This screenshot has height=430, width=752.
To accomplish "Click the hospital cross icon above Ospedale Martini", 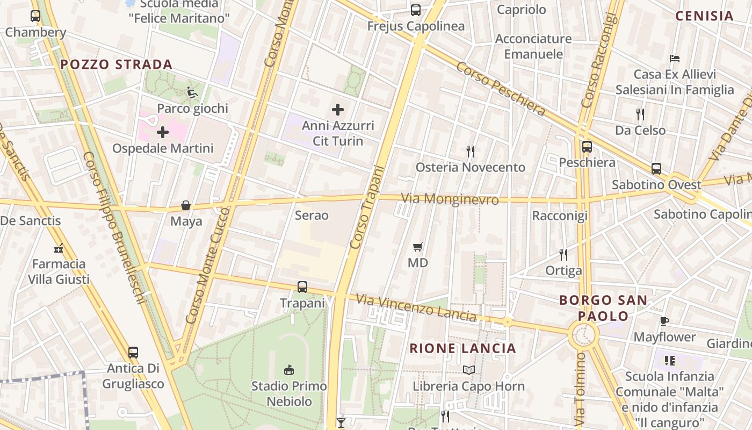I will (x=163, y=132).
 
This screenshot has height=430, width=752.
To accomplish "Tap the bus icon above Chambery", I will (x=35, y=16).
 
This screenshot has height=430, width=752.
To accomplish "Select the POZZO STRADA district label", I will (x=116, y=64).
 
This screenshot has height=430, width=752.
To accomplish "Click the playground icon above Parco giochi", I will (x=192, y=92).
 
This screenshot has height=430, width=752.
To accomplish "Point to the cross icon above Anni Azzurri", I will (x=338, y=110).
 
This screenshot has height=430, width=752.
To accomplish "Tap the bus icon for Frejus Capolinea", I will (x=415, y=10).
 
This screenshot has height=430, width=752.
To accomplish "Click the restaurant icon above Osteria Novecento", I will (x=471, y=151).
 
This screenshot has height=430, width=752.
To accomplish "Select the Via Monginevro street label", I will (x=450, y=199).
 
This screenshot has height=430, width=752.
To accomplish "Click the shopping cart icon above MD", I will (x=418, y=247).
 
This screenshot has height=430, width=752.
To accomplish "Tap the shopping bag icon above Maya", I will (x=186, y=205).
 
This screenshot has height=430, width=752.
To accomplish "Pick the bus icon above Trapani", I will (x=302, y=287).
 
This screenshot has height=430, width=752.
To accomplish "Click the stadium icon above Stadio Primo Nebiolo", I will (x=289, y=370).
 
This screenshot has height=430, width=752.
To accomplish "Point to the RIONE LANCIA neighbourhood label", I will (x=462, y=348).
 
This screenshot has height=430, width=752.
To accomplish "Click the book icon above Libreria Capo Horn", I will (x=469, y=370).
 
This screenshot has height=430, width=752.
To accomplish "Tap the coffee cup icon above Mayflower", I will (x=664, y=321).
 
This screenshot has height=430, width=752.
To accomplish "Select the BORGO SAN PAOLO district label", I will (x=603, y=307).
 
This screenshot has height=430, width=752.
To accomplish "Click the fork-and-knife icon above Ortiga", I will (x=563, y=254).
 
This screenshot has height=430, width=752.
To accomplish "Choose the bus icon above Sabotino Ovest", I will (x=656, y=169).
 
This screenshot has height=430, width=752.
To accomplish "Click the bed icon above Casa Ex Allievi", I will (x=675, y=58).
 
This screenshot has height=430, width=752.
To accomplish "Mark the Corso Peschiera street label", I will (x=501, y=89).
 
